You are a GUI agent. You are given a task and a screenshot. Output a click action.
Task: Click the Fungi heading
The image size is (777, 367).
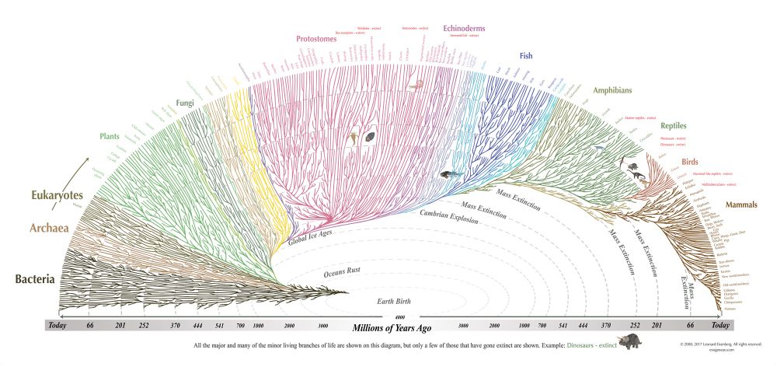coord(185,102)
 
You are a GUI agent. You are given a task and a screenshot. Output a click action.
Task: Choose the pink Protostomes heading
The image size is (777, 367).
coord(321,38)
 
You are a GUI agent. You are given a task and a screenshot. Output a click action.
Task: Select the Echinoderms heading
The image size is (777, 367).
coord(464,28)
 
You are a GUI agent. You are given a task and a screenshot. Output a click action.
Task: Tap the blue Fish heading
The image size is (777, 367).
coord(527,56)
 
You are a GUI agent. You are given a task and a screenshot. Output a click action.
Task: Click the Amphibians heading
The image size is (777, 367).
coord(615,90)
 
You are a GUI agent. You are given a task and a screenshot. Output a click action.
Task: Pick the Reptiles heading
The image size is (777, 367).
coord(674,125)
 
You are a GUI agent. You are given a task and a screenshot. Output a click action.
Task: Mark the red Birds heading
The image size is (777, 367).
coord(690,162)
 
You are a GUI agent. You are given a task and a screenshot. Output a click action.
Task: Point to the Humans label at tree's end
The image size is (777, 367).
coord(740,309)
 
